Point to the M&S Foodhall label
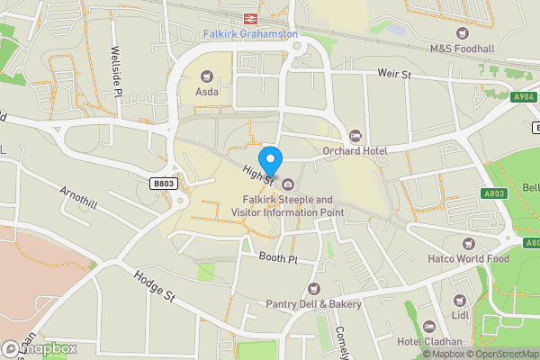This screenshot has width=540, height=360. (x=462, y=49)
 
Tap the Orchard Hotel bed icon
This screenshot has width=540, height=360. (x=355, y=136)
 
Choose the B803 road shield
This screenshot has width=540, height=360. (x=163, y=183)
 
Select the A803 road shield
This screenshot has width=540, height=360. (x=493, y=193)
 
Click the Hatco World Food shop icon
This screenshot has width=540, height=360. (x=467, y=244)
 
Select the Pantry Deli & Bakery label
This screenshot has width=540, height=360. (x=314, y=304)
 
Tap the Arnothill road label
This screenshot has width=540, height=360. (x=77, y=200)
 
